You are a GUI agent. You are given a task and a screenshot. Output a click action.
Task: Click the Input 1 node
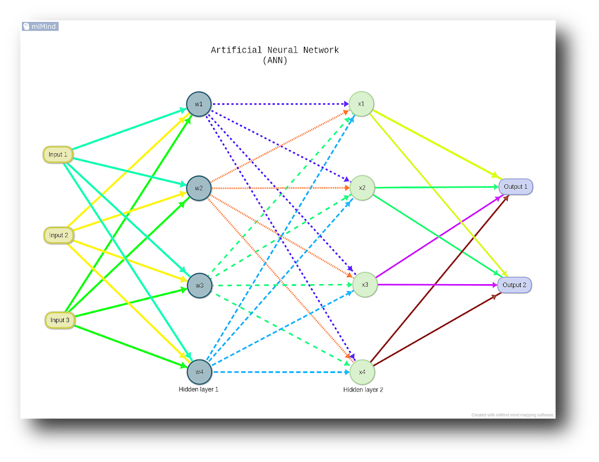tap(58, 155)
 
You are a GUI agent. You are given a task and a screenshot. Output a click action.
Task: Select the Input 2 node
tap(58, 235)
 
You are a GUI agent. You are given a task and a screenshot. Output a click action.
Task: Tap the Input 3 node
tap(59, 320)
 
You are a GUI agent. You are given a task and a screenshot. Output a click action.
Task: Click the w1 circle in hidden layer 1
tap(199, 104)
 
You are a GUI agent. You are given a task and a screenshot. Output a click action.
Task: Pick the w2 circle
tap(199, 188)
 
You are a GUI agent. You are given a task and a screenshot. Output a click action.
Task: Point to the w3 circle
tap(199, 285)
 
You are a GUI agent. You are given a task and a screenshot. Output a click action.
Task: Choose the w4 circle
tap(199, 372)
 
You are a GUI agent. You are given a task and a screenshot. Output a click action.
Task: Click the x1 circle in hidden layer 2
tap(361, 104)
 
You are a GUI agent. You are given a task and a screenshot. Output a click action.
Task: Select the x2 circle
tap(362, 188)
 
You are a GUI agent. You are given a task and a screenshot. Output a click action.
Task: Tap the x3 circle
tap(365, 285)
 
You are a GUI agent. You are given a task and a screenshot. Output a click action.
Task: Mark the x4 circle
tap(362, 372)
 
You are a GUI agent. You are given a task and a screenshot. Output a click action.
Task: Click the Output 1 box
tap(515, 187)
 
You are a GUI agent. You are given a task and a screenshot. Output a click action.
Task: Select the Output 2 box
tap(514, 285)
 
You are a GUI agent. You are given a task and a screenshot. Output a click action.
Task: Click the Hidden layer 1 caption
tap(199, 389)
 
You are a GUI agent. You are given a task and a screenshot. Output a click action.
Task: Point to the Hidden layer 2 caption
tap(363, 390)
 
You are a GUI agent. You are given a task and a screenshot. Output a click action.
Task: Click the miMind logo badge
tap(40, 27)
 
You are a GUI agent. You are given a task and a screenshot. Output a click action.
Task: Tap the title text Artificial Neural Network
tap(274, 50)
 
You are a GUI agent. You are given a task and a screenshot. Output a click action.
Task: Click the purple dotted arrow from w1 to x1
tap(277, 104)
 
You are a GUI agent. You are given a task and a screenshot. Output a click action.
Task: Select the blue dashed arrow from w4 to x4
tap(277, 372)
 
